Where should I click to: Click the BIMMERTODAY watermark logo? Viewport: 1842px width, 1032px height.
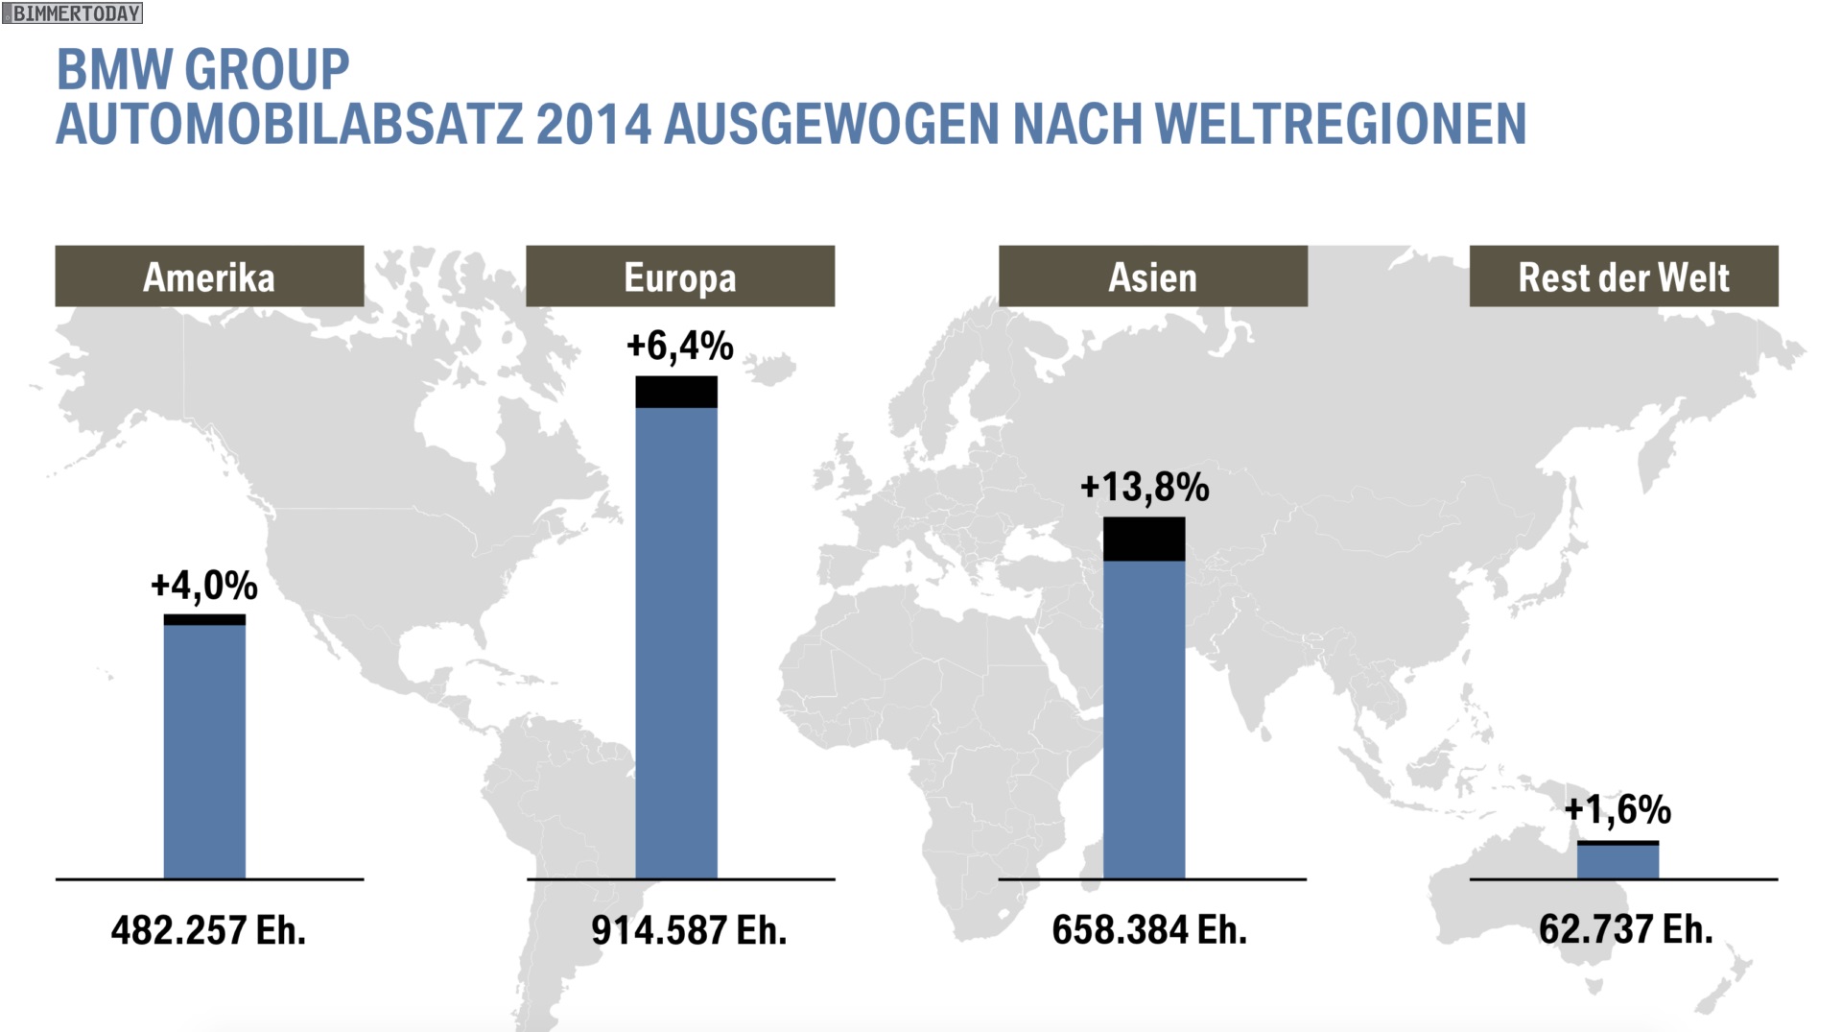[73, 13]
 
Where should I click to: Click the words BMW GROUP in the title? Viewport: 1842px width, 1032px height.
[202, 70]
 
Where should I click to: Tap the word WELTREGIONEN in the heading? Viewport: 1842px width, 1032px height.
[1340, 125]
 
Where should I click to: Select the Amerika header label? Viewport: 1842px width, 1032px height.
[209, 276]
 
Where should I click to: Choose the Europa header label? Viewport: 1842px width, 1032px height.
[680, 276]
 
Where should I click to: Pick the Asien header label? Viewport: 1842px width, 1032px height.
[1152, 276]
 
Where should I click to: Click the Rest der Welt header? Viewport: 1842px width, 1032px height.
[1623, 276]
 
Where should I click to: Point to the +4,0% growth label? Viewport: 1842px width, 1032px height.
[204, 585]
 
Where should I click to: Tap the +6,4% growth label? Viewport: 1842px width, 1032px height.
[679, 346]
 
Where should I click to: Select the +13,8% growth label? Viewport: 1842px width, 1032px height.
[1145, 488]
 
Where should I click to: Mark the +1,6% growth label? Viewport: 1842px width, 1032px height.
[1618, 810]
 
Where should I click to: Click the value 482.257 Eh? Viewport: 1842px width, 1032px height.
[208, 930]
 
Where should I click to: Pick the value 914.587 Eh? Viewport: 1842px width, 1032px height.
[689, 930]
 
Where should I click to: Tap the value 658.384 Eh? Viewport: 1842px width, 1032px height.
[1149, 930]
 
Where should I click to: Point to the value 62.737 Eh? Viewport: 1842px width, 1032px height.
[1625, 929]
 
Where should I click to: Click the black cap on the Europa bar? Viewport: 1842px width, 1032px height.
[676, 392]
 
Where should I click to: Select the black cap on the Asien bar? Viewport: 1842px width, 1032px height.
[1144, 539]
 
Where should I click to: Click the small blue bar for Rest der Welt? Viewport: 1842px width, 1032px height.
[1618, 862]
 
